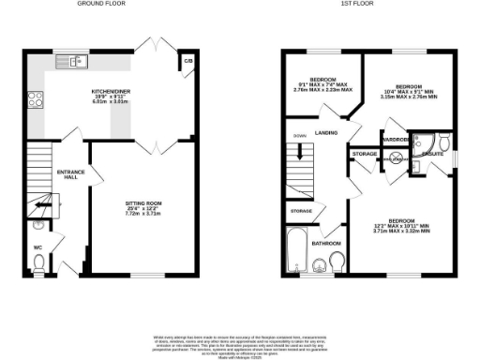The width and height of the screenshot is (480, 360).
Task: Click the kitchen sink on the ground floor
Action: click(72, 63)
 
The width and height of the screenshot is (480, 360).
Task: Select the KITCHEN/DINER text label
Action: click(110, 91)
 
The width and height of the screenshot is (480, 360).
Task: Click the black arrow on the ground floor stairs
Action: click(40, 204)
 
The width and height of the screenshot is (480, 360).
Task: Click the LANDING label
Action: click(326, 132)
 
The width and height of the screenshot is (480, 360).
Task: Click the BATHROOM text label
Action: click(325, 244)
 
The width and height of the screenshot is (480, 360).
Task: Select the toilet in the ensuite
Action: click(444, 142)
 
